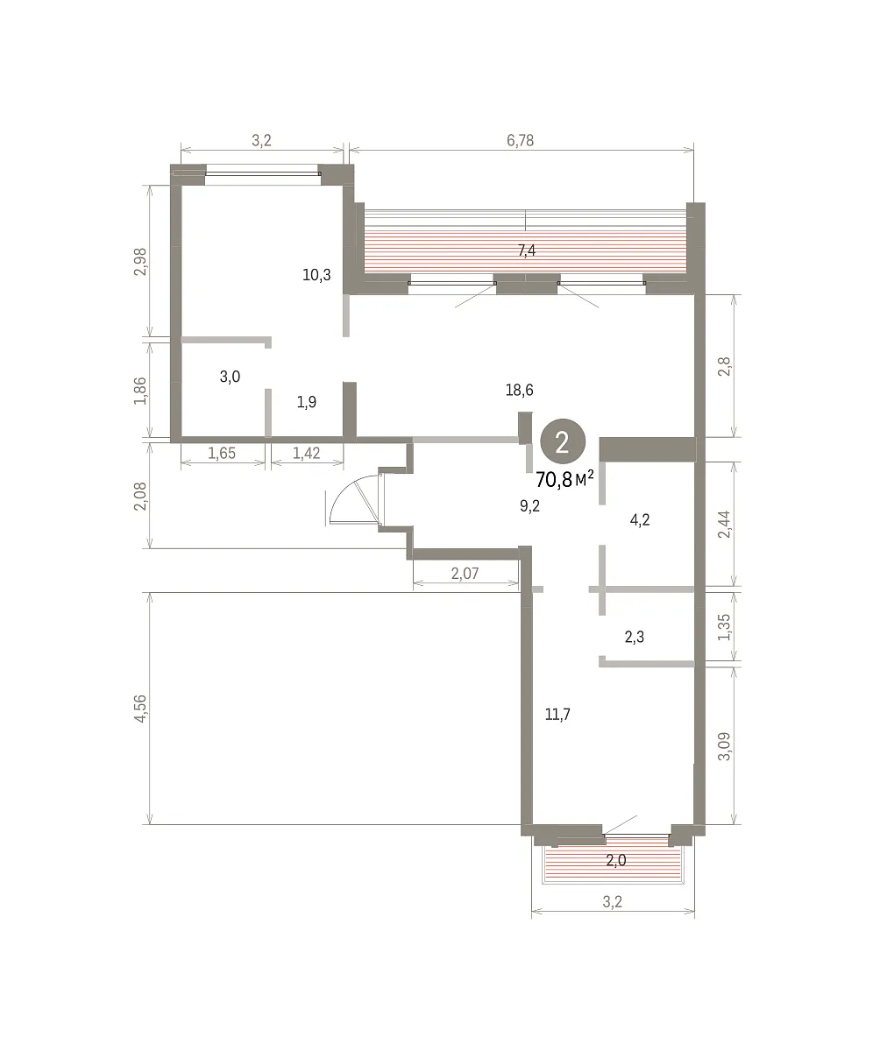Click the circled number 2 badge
coord(563,441)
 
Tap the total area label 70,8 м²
coord(564,480)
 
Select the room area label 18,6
coord(520,390)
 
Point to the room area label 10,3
coord(316,275)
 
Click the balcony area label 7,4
coord(527,250)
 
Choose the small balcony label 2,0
coord(615,860)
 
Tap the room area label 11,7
coord(557,714)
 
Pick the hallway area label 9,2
coord(529,506)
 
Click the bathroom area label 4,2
coord(640,520)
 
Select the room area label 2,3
coord(635,638)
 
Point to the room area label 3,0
coord(230,377)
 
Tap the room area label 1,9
coord(306,402)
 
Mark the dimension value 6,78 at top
coord(520,140)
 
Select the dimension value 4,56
coord(140,709)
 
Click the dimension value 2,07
coord(465,574)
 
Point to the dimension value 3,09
coord(724,746)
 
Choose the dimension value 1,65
coord(222,453)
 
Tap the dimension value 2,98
coord(140,262)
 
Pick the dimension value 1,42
coord(306,453)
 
